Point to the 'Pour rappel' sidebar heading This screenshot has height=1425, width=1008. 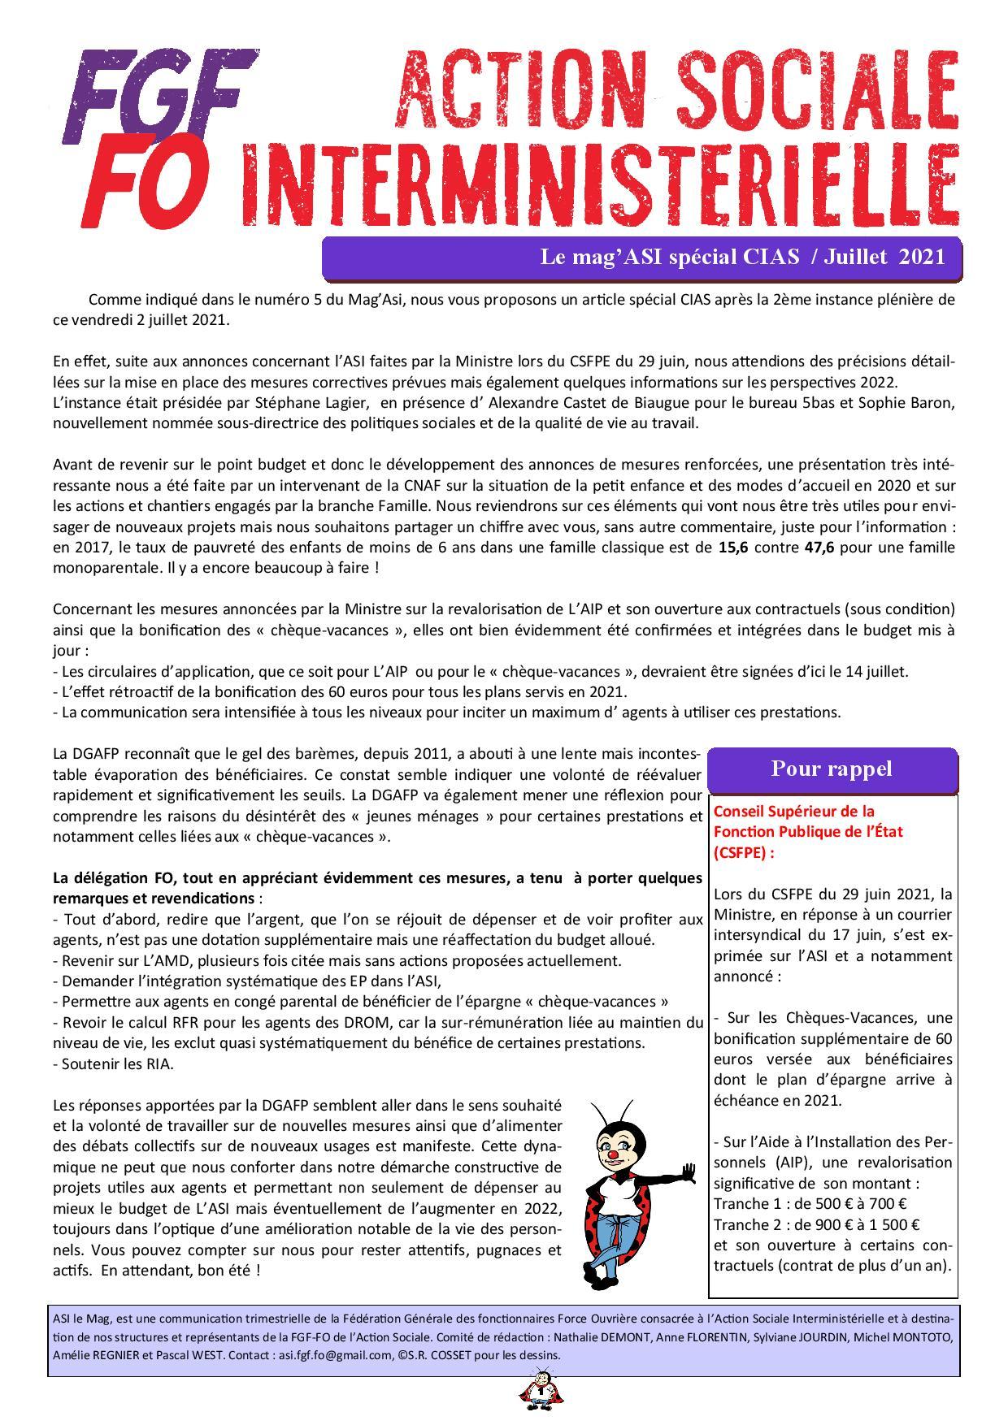pos(831,769)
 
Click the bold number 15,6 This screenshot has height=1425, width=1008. pos(733,547)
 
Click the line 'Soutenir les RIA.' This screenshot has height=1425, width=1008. pos(113,1063)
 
